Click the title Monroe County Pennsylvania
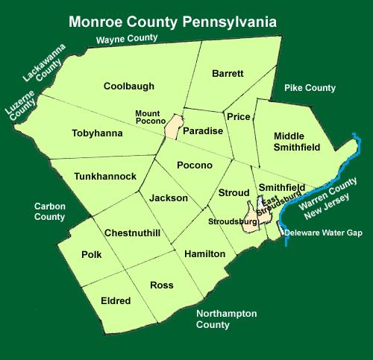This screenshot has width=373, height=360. pos(172,22)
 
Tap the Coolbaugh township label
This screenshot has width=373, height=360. pos(129,86)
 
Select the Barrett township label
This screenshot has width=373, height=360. pos(228,75)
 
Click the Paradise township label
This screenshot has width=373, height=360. pos(203,131)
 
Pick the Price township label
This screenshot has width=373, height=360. pos(239,117)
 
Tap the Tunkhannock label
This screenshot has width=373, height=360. pos(105,176)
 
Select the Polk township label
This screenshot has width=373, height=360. pos(92,255)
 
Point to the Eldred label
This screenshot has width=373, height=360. pos(116,301)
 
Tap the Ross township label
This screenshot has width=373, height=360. pos(162,285)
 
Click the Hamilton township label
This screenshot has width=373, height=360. pos(204,254)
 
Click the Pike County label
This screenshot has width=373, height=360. pos(310,88)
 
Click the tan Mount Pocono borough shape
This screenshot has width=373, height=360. pos(174,127)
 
